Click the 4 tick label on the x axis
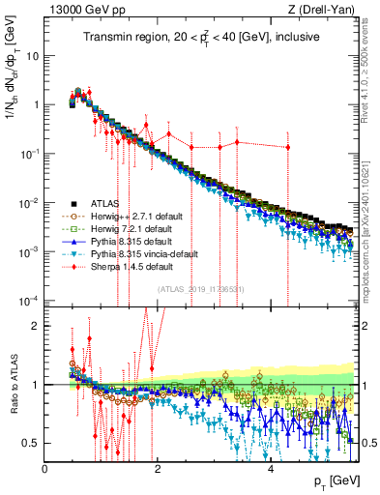coord(270,469)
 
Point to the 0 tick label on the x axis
coord(45,469)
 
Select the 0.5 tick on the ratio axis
coord(31,443)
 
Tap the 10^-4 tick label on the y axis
coord(29,301)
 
